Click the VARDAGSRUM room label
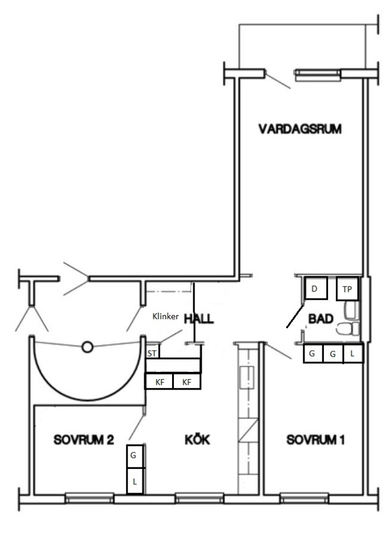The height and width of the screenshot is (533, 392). [300, 129]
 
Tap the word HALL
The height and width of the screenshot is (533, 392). [199, 319]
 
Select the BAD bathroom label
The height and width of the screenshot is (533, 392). [320, 319]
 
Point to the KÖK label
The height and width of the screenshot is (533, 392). [197, 439]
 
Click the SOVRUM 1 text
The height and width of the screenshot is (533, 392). [315, 440]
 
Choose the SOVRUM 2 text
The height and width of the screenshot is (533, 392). [83, 440]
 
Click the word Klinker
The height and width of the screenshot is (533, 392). [166, 316]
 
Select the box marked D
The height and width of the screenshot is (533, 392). [316, 288]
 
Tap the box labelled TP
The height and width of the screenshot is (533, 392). [347, 288]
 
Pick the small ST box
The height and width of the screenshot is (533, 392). [153, 352]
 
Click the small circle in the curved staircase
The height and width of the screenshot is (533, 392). [88, 347]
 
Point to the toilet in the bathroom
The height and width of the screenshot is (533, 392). [348, 329]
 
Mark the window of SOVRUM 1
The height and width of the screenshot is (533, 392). [304, 498]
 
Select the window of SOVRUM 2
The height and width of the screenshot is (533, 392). [89, 498]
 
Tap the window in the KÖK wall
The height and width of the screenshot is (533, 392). [200, 498]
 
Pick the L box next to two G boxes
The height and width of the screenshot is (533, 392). [353, 354]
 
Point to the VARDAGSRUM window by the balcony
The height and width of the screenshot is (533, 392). [318, 75]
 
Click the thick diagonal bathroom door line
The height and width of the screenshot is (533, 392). [295, 316]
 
